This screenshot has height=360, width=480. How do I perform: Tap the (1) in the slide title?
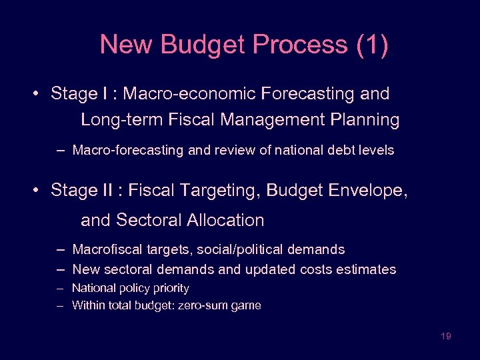372,45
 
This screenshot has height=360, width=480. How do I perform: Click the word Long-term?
121,120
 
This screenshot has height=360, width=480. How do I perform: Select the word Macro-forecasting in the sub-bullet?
127,151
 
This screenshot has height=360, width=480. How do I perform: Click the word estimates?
367,269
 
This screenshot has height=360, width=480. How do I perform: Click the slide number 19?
446,336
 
